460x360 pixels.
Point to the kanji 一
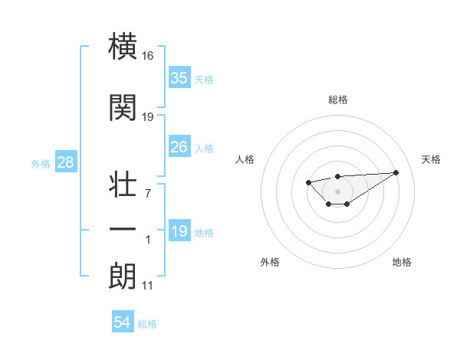(x=123, y=230)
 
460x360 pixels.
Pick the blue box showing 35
(x=179, y=77)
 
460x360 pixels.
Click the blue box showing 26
(x=179, y=147)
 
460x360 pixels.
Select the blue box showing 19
(x=179, y=231)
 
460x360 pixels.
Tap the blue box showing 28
(x=64, y=162)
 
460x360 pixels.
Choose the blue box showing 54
(x=122, y=322)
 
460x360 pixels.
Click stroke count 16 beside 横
(x=148, y=57)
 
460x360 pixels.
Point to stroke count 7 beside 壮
(x=148, y=193)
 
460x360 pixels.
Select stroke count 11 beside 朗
(x=148, y=286)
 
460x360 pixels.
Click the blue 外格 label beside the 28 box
(x=41, y=163)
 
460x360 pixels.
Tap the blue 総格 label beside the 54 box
(x=147, y=324)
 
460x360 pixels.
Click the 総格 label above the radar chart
(x=337, y=100)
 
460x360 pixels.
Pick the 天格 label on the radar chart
(x=431, y=159)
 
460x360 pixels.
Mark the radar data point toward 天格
(x=396, y=172)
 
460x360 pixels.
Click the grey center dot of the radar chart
(x=337, y=191)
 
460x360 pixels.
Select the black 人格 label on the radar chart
(x=245, y=159)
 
